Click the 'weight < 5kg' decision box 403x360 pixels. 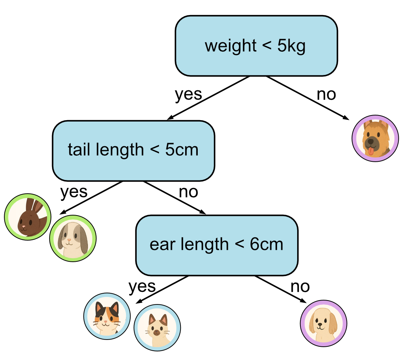(256, 46)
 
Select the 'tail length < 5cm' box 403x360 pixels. (133, 150)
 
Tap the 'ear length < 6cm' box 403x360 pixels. (216, 245)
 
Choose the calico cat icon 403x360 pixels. (107, 314)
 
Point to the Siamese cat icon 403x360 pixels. (157, 328)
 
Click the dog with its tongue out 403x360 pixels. (375, 138)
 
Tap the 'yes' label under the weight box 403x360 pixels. (188, 94)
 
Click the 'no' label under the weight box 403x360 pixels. (326, 94)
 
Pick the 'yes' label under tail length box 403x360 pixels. (74, 192)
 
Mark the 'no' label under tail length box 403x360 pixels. (188, 192)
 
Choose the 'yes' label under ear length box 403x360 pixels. (142, 286)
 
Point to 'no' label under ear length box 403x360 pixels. (300, 286)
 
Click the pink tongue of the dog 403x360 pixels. (371, 151)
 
